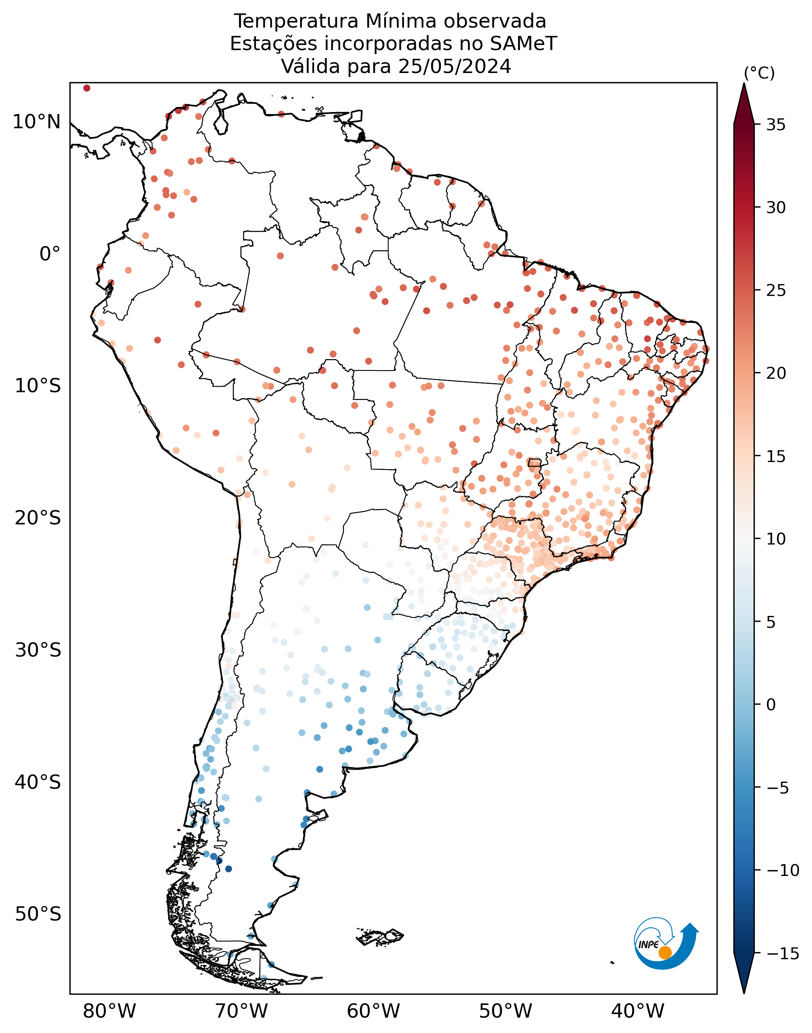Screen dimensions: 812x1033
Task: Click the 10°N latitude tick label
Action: (x=37, y=122)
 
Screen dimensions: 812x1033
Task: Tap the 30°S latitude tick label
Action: (x=38, y=650)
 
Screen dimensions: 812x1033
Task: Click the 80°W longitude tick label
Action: (x=109, y=1012)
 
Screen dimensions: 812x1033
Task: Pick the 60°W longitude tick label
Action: (x=373, y=1012)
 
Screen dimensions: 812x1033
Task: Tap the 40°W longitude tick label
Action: (x=638, y=1012)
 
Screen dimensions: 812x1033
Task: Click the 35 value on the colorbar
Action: (x=776, y=125)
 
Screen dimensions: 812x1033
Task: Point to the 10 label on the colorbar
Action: (x=776, y=539)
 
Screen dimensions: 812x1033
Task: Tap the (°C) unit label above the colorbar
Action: (x=759, y=73)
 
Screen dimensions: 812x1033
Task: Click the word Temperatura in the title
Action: (x=297, y=21)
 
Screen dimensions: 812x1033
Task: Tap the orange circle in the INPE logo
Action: (x=665, y=953)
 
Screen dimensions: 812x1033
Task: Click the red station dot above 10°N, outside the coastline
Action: (x=86, y=88)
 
